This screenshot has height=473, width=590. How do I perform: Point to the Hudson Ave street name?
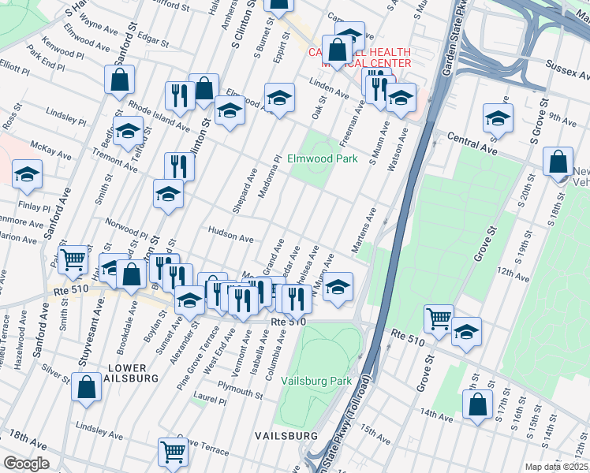pyautogui.click(x=230, y=233)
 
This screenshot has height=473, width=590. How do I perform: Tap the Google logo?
pyautogui.click(x=26, y=464)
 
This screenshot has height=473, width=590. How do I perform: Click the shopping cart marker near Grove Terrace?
pyautogui.click(x=173, y=451)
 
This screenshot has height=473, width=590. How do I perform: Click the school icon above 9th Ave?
pyautogui.click(x=498, y=117)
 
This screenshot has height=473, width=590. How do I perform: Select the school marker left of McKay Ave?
pyautogui.click(x=28, y=174)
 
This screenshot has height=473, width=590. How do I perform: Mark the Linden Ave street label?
pyautogui.click(x=330, y=94)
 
